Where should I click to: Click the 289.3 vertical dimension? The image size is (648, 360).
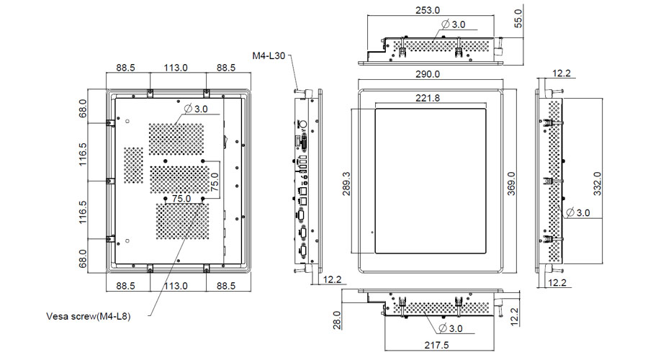(x=346, y=184)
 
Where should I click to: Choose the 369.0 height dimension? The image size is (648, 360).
(x=510, y=179)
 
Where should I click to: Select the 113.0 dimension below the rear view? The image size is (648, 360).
(x=175, y=285)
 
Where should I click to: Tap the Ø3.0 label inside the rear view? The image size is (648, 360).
(x=196, y=109)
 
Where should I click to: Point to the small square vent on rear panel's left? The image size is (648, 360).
(x=133, y=165)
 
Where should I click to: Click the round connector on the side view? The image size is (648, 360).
(x=304, y=123)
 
